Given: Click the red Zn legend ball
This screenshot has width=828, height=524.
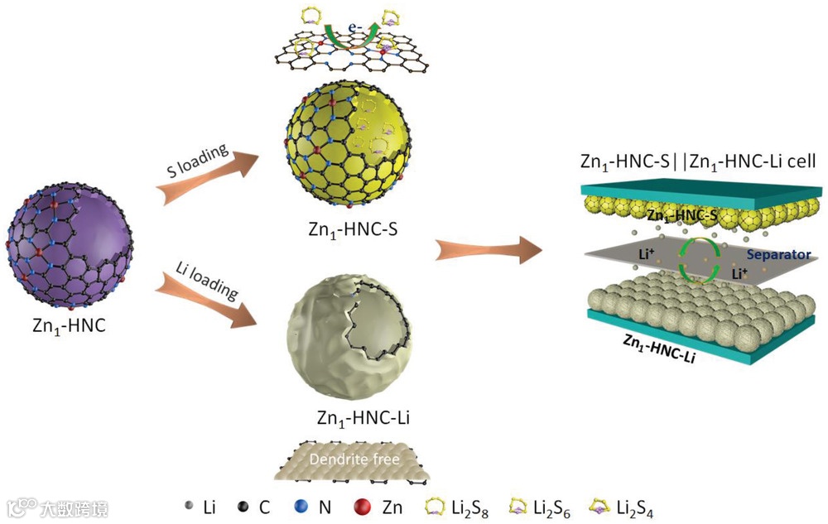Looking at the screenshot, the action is click(x=361, y=506).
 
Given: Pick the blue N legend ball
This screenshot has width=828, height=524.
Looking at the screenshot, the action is click(x=301, y=506).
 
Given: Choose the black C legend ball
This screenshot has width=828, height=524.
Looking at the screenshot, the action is click(x=243, y=506).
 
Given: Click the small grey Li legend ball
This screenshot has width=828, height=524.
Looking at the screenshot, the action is click(x=188, y=506).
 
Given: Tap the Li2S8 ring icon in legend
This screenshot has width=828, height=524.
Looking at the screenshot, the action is click(x=436, y=506).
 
